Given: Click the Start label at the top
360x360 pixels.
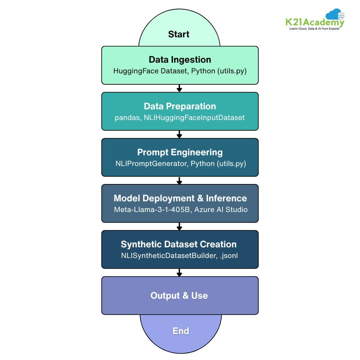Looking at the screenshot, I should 179,34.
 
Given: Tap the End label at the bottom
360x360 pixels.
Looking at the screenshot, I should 181,331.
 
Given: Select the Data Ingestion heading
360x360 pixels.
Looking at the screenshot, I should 180,60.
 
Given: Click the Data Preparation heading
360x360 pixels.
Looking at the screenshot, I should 180,106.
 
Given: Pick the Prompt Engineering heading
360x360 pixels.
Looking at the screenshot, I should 180,152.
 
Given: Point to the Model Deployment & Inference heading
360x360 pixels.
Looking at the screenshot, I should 180,198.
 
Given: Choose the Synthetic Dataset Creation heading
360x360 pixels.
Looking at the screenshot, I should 179,244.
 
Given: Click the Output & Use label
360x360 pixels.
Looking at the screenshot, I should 179,296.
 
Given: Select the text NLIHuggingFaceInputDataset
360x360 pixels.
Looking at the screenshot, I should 194,117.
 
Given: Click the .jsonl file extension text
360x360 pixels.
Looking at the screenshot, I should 227,256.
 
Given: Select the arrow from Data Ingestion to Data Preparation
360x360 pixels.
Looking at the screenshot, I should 179,88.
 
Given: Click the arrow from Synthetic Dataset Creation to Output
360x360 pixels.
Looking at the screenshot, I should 179,273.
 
